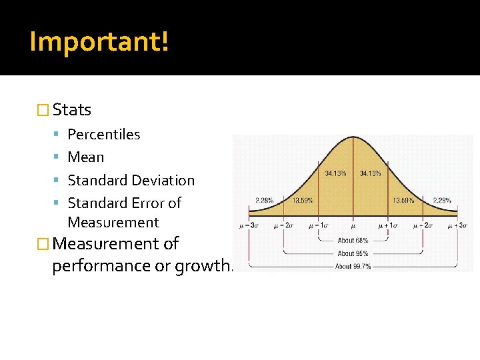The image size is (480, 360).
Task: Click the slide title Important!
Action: pos(99,41)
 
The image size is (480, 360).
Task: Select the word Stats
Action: pos(71,109)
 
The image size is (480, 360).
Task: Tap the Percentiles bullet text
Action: pos(104,135)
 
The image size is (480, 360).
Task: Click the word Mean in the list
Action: pos(86,157)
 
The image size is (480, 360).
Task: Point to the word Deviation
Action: pos(163,181)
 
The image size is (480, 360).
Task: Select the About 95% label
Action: pos(353,253)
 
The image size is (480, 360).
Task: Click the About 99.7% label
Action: pos(353,266)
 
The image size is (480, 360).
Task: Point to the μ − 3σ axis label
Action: pos(249,226)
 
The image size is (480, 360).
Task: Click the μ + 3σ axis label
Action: pos(457,226)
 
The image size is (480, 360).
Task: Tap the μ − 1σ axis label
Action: pos(319,226)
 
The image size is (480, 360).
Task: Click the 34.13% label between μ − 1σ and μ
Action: pos(335,173)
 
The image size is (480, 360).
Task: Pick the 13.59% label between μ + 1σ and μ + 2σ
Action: pos(403,200)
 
